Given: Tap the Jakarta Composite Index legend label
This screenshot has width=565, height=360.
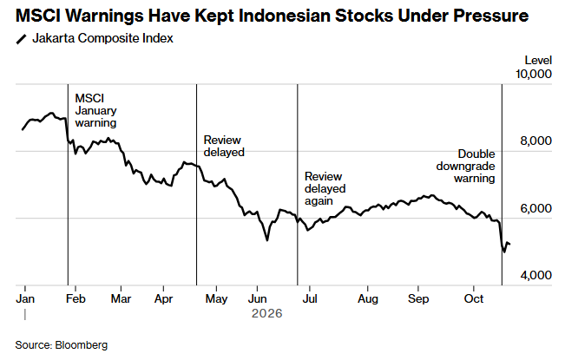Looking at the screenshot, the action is (102, 38).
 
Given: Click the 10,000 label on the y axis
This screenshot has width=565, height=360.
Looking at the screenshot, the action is (533, 74).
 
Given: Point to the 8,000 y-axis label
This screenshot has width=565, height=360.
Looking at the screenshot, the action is (535, 141).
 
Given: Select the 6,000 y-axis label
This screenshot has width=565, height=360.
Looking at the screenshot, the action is (535, 208).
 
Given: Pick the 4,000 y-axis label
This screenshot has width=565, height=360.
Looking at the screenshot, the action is (535, 275).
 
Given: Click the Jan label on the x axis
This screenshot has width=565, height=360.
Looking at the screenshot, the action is (25, 298).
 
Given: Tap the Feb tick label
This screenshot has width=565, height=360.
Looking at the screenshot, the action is (76, 298).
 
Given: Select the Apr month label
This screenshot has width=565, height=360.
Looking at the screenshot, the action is (163, 298).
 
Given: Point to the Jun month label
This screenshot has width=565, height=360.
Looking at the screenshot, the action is (257, 298).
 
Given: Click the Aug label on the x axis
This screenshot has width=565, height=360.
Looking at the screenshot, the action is (368, 298).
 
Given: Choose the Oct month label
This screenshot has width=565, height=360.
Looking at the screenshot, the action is (474, 298).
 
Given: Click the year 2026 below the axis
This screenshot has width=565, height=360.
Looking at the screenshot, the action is (267, 313).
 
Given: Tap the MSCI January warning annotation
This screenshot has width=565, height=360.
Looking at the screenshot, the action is (95, 110).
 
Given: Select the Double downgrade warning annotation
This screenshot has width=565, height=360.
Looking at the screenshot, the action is (465, 166).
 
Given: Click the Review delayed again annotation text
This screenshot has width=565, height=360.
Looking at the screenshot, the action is (325, 188).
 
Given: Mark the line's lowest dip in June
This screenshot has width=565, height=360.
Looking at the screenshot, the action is (267, 240).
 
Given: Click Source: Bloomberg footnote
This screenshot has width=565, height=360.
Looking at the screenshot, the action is (62, 345).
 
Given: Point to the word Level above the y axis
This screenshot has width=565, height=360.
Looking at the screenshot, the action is (538, 60).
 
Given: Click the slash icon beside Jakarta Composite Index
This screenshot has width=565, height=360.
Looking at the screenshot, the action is (21, 39).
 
